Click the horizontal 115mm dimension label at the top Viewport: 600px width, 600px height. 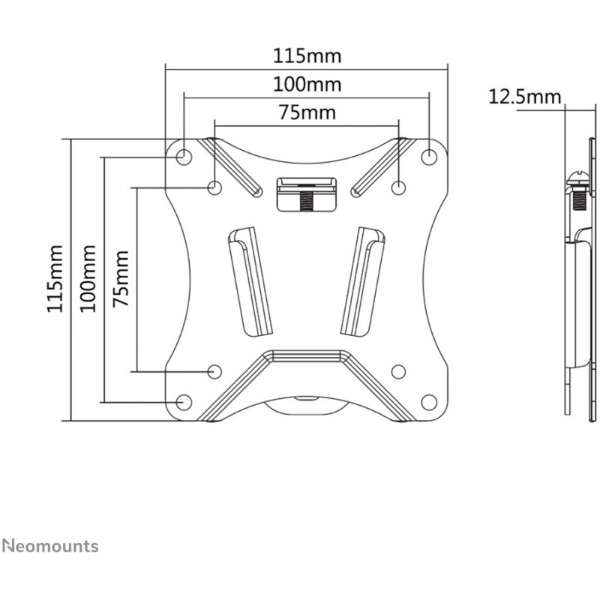tap(307, 56)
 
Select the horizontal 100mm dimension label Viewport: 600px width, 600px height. tap(307, 85)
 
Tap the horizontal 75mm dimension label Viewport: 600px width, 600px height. tap(307, 112)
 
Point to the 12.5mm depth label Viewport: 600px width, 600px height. tap(524, 97)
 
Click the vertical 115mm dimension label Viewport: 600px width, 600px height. tap(55, 279)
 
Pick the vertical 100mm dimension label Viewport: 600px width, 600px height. tap(88, 279)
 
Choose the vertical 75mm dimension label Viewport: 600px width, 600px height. tap(121, 279)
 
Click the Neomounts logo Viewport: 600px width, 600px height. tap(50, 546)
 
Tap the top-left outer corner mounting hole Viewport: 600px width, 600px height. tap(184, 157)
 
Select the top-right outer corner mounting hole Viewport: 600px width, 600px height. tap(429, 157)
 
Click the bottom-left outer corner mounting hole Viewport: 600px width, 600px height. tap(184, 402)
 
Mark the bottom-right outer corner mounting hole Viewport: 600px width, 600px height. tap(429, 402)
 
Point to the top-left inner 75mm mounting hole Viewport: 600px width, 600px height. tap(214, 187)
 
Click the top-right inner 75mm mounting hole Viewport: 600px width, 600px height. tap(399, 187)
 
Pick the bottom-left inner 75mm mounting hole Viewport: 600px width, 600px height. tap(214, 371)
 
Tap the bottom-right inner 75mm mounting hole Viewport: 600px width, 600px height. tap(399, 371)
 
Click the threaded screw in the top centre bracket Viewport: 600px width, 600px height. tap(306, 200)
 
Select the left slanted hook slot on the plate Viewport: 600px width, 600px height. tap(250, 282)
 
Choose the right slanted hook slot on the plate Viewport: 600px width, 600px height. tap(363, 282)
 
